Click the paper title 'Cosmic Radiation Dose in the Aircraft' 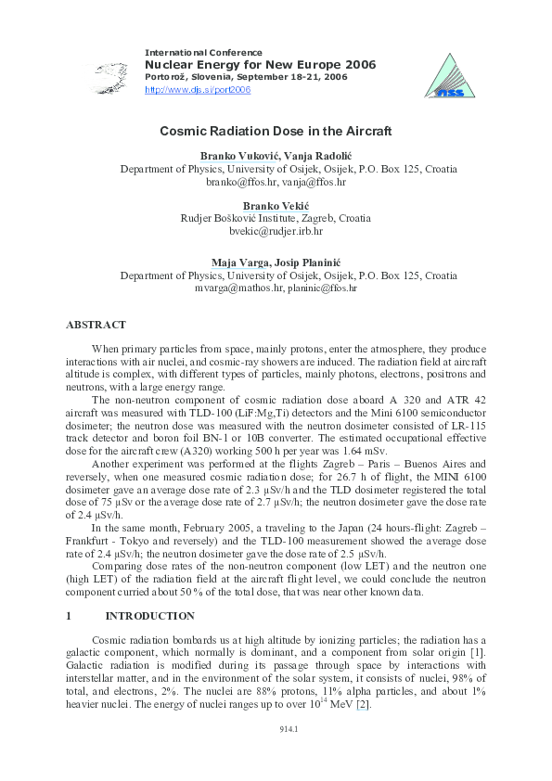pyautogui.click(x=276, y=132)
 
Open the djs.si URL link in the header pyautogui.click(x=198, y=90)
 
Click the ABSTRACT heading pyautogui.click(x=96, y=325)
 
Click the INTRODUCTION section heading pyautogui.click(x=149, y=616)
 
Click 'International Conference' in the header pyautogui.click(x=203, y=52)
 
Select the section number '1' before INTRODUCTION pyautogui.click(x=69, y=616)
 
